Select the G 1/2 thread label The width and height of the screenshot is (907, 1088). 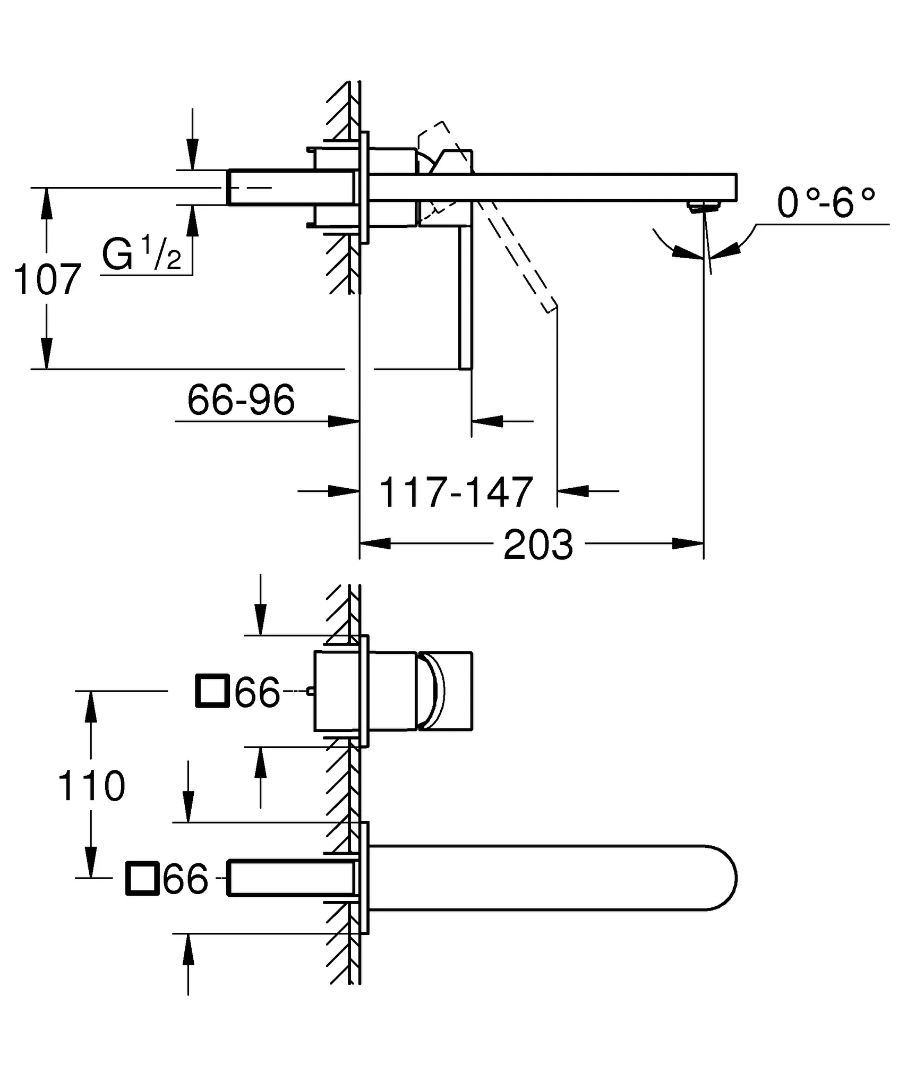pos(141,255)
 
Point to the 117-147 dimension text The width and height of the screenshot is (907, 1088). pos(456,492)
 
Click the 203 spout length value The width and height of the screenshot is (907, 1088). pos(538,545)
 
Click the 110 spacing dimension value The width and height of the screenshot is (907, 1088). pos(91,786)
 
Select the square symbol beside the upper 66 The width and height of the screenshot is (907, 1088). pos(212,691)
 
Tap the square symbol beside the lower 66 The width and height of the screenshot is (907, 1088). pos(142,878)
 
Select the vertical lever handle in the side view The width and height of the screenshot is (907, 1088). pos(465,297)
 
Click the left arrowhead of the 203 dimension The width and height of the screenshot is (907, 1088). pos(375,543)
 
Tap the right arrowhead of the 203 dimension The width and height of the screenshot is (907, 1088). pos(688,543)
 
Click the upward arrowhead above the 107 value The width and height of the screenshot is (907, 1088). pos(47,202)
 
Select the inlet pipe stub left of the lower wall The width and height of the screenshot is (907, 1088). pos(290,878)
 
